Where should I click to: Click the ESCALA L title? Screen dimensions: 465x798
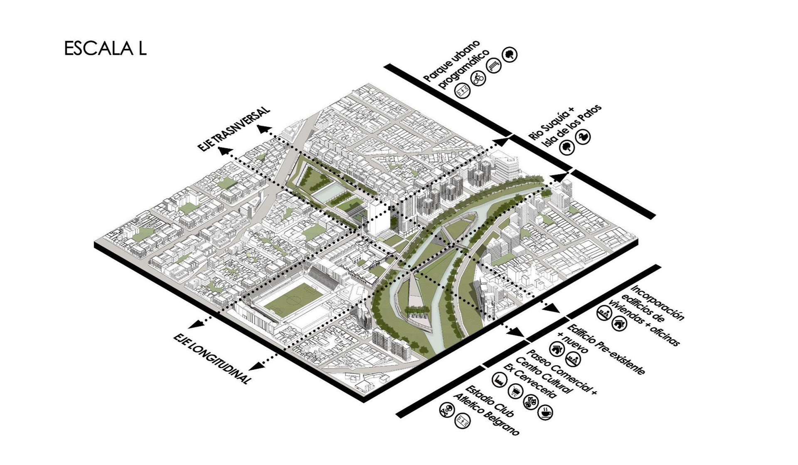[105, 49]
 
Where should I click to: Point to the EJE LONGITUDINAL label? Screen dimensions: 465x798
[212, 359]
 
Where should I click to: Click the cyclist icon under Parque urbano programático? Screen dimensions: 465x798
[478, 78]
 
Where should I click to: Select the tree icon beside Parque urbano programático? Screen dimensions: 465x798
[510, 54]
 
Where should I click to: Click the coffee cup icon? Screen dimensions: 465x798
[545, 412]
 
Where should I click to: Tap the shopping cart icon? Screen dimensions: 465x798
[515, 391]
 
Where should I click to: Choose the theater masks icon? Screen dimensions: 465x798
[530, 401]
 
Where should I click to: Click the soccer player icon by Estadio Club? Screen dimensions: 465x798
[447, 411]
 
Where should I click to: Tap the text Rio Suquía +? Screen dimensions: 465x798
[551, 123]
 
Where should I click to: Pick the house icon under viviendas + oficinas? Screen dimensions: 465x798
[619, 323]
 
